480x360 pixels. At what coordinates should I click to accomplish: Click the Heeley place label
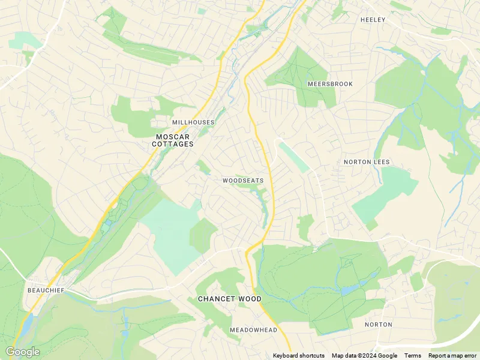tap(373, 20)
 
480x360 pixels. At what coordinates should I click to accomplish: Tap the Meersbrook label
tap(330, 84)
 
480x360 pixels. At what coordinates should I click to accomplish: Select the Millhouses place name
tap(193, 122)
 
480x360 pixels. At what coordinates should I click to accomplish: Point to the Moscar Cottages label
tap(173, 140)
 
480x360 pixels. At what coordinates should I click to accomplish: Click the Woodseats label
tap(243, 180)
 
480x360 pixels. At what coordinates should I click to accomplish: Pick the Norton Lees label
tap(367, 162)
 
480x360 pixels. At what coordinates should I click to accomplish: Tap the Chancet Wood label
tap(230, 299)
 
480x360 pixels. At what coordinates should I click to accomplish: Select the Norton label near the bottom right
tap(379, 325)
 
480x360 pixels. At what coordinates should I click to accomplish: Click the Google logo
tap(22, 352)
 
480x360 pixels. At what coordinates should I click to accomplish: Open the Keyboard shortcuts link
tap(299, 356)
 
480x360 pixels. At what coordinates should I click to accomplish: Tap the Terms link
tap(412, 356)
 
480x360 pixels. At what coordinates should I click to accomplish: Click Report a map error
tap(452, 356)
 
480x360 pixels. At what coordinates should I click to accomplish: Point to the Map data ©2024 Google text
tap(364, 356)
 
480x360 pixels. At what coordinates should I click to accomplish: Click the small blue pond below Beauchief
tap(28, 324)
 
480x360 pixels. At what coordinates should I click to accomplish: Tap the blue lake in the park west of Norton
tap(348, 290)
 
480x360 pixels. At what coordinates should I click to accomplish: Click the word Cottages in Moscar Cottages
tap(173, 145)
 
